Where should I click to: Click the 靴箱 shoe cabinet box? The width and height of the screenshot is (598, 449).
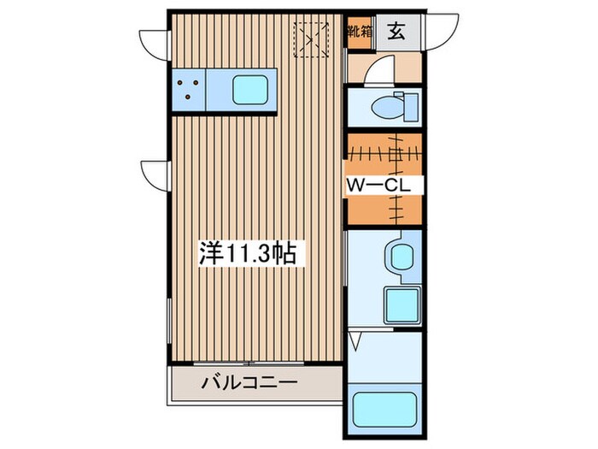pos(359,33)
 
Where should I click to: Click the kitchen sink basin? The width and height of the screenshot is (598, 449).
pos(250,88)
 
